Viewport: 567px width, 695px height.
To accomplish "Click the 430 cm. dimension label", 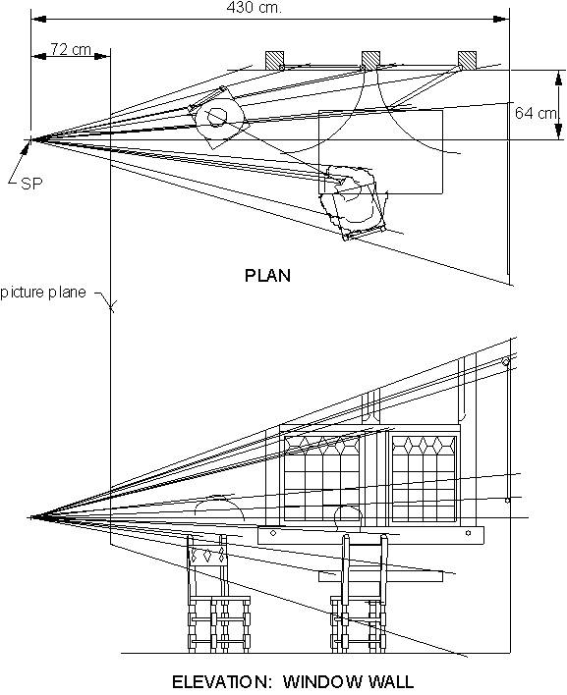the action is (x=254, y=7).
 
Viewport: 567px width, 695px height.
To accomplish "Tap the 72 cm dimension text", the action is (x=71, y=49).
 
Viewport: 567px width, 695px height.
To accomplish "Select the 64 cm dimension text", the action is (x=536, y=113).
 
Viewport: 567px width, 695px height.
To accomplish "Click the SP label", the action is (x=31, y=183).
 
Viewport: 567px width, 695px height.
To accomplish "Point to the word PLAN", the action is (x=268, y=276).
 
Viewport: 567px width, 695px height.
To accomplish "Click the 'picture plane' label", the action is (x=43, y=293).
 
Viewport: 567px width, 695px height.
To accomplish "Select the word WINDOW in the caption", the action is (x=326, y=681).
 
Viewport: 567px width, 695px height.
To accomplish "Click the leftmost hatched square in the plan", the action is (x=274, y=60).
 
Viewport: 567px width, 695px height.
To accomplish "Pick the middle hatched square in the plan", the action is (x=370, y=60).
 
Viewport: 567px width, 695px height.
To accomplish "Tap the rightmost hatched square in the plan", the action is (x=467, y=60).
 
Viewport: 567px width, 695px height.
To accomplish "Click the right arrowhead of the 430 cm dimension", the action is (x=502, y=19).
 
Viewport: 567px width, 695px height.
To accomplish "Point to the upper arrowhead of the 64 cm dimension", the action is (x=559, y=77).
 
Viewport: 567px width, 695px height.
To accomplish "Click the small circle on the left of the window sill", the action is (x=273, y=533).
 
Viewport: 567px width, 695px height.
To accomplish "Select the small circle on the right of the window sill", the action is (x=468, y=533).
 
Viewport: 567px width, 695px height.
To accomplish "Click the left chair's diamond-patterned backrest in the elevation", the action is (x=207, y=555).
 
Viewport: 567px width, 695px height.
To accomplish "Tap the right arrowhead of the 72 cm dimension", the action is (x=103, y=56).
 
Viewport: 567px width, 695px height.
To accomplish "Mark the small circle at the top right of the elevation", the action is (x=505, y=362).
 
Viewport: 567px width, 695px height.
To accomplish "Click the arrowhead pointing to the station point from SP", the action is (x=27, y=148).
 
